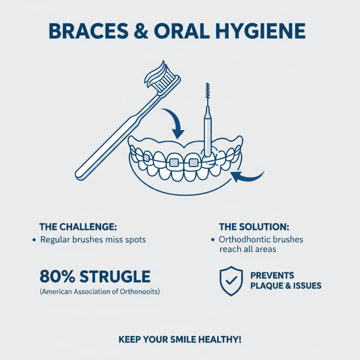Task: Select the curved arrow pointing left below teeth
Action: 247,177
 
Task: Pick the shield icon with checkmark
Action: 230,281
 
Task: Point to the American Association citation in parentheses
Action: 100,292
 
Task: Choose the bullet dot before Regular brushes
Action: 34,240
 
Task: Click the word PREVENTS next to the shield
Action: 272,275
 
